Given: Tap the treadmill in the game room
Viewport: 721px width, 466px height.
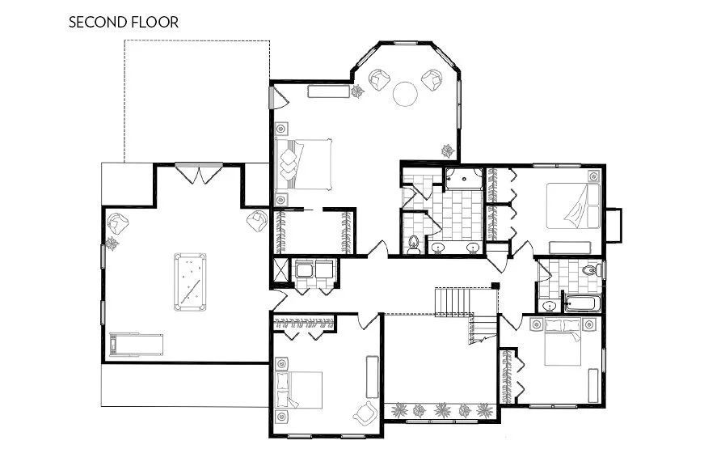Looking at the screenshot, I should point(136,345).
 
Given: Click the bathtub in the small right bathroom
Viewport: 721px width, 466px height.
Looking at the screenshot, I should point(583,305).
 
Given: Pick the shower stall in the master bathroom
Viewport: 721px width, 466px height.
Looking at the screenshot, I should point(463,179).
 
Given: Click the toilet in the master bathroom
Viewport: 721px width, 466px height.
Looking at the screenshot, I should point(414,243).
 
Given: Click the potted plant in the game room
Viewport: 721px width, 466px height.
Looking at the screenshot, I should point(113,242).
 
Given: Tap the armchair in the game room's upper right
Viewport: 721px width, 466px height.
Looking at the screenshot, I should point(257,220).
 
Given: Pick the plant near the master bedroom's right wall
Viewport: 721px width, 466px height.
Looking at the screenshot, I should point(447,150).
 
